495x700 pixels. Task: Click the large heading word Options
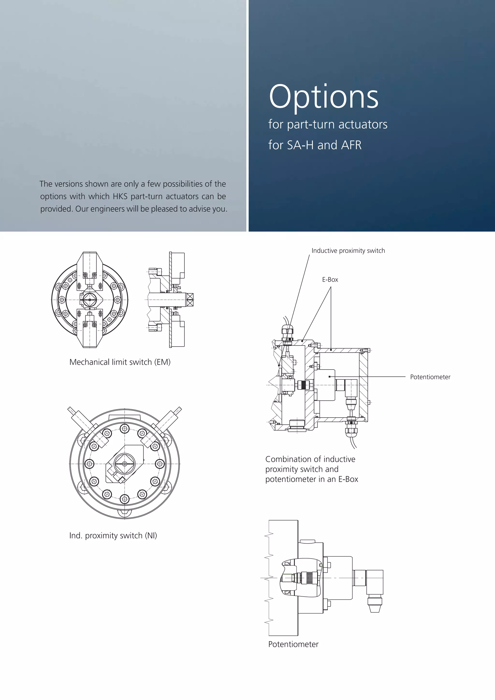(323, 97)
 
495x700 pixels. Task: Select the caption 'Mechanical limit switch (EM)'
(120, 362)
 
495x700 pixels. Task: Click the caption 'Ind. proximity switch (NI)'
(113, 535)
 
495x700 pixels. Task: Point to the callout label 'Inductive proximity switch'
(348, 251)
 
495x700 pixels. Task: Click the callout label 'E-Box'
(330, 280)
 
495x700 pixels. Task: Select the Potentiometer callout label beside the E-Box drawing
(430, 377)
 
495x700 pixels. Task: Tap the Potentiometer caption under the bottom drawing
(293, 644)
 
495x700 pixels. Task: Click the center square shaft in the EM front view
(90, 300)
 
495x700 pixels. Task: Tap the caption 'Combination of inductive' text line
(310, 459)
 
